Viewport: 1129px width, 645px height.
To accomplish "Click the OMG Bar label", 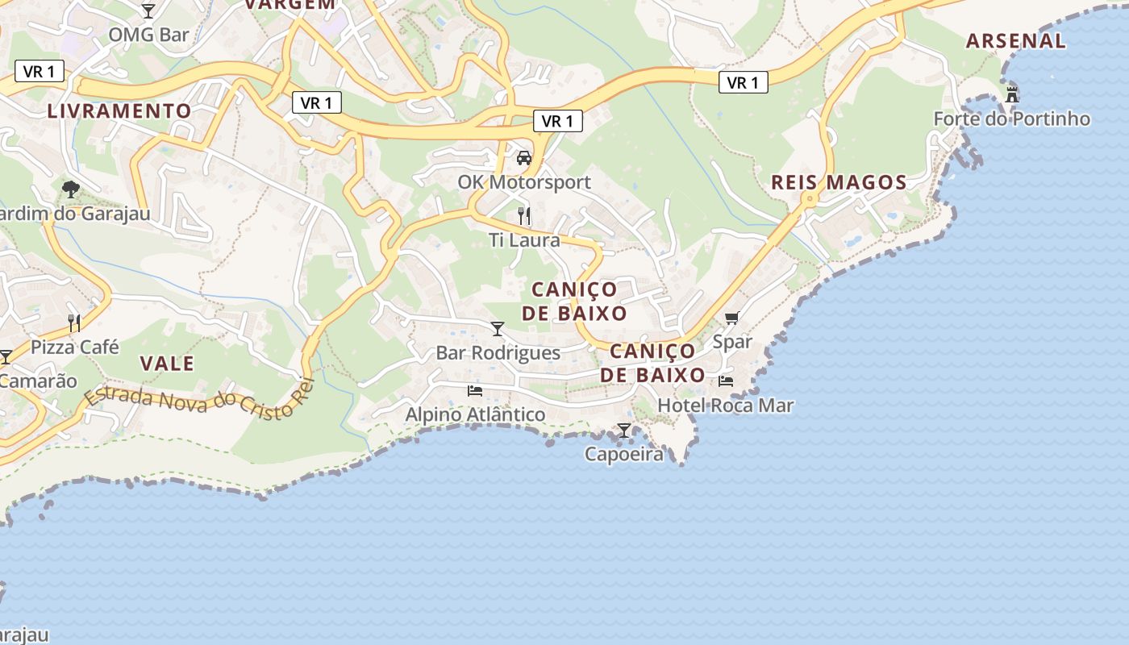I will pyautogui.click(x=148, y=35).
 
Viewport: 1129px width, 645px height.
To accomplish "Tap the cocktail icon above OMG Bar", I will pyautogui.click(x=148, y=10).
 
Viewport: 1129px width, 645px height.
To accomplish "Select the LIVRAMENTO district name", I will pyautogui.click(x=119, y=111).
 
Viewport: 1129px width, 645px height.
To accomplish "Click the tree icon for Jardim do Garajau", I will pyautogui.click(x=71, y=189).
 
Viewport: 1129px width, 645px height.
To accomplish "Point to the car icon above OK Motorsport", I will pyautogui.click(x=524, y=158).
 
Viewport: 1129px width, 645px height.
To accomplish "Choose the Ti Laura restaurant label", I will pyautogui.click(x=524, y=240).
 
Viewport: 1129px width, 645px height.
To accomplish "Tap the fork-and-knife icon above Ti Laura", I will pyautogui.click(x=524, y=215).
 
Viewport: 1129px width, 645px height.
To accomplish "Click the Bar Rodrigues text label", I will pyautogui.click(x=498, y=353).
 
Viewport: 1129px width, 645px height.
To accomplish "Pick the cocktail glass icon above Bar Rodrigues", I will pyautogui.click(x=498, y=328).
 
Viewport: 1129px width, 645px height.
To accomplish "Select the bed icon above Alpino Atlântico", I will pyautogui.click(x=475, y=391).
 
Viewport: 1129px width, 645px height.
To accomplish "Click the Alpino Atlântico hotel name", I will pyautogui.click(x=475, y=415).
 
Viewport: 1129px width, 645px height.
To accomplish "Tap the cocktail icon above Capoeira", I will pyautogui.click(x=624, y=431).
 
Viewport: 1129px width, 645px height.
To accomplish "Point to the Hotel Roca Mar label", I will pyautogui.click(x=726, y=406).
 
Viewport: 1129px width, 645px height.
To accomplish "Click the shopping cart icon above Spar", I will pyautogui.click(x=731, y=318).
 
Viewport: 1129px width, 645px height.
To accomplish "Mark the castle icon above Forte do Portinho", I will pyautogui.click(x=1012, y=94).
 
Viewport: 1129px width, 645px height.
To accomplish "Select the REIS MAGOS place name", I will pyautogui.click(x=839, y=183).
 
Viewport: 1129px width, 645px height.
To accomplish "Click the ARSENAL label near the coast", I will pyautogui.click(x=1015, y=41).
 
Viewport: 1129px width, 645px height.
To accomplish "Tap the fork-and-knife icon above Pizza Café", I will pyautogui.click(x=74, y=322).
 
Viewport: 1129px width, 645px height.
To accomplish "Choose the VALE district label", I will pyautogui.click(x=167, y=364).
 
